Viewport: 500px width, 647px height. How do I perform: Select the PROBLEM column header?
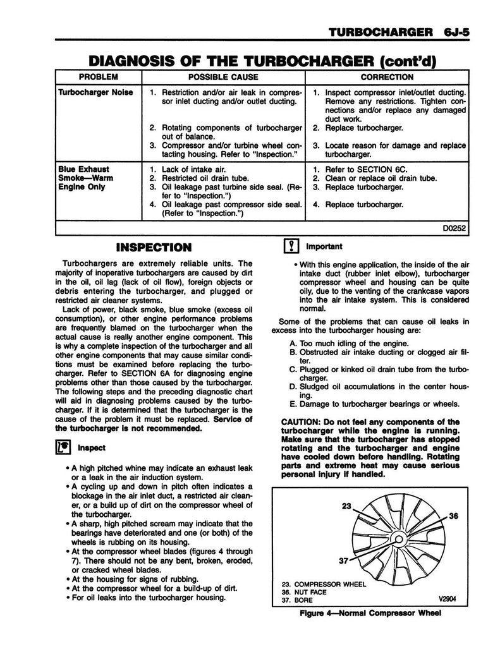point(98,77)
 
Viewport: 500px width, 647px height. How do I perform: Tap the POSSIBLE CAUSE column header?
point(223,77)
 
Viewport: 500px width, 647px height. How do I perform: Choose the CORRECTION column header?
point(387,77)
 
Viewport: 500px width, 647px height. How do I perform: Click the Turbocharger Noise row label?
point(95,92)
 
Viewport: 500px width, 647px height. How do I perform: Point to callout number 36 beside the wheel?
point(453,516)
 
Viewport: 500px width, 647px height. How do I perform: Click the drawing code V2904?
point(446,601)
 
